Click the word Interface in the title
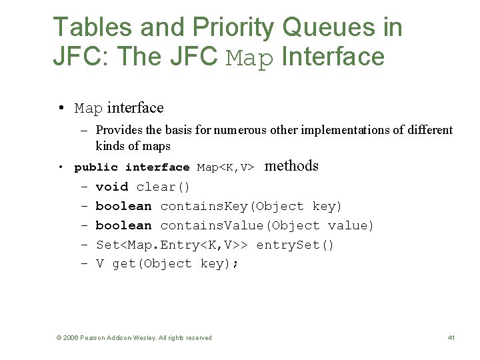point(333,57)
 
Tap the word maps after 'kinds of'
point(157,146)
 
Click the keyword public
point(96,167)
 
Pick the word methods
point(291,166)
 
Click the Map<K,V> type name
point(225,167)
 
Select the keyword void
point(112,187)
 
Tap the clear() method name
point(163,187)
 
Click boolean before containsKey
point(124,206)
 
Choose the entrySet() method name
point(295,245)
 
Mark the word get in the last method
point(124,264)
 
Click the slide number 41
point(451,338)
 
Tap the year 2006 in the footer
point(71,338)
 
